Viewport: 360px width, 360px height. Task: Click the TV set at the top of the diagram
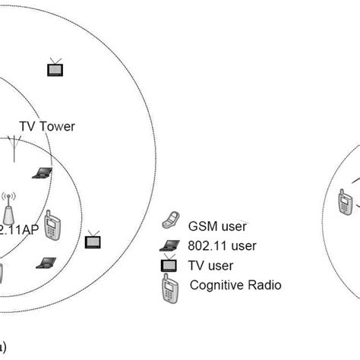(x=55, y=68)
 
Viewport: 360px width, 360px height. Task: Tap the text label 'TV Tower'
(x=47, y=126)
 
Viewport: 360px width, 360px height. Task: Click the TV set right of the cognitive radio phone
(x=93, y=240)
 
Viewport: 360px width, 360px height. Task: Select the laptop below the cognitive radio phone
(x=46, y=263)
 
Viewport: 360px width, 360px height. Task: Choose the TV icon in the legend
(x=168, y=266)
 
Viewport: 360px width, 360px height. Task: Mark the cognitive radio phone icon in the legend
(x=168, y=289)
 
